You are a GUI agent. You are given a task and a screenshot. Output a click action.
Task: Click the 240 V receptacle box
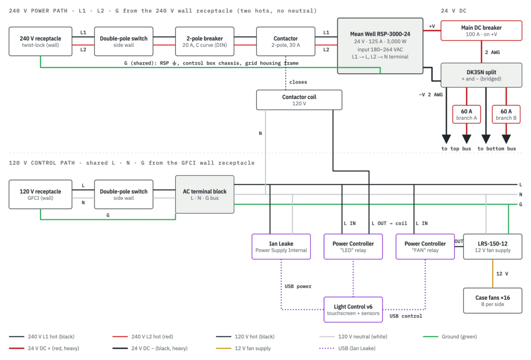40,41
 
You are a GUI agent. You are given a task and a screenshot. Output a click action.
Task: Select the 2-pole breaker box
204,41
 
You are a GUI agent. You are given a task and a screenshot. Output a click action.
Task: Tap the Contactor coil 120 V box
299,100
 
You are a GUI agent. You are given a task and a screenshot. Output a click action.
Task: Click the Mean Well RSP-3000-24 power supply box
380,46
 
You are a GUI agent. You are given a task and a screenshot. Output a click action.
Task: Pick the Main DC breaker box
481,31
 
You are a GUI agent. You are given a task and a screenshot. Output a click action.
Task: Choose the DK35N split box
481,75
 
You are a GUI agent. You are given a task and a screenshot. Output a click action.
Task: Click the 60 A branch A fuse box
466,114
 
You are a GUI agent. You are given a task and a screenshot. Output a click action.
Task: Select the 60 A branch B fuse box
506,114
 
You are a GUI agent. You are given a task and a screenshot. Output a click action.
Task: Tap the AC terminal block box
204,195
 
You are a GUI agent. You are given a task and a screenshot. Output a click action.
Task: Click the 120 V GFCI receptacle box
40,195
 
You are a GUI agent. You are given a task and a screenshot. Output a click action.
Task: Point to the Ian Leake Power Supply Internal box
281,246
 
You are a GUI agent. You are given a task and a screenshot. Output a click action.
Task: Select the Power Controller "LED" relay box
353,246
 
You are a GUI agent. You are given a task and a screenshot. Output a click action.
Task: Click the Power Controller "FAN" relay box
425,246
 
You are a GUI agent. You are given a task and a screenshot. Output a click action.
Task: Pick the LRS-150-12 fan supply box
493,246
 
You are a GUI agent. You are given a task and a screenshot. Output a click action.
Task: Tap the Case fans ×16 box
493,301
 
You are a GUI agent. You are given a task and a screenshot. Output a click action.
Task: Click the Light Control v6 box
353,310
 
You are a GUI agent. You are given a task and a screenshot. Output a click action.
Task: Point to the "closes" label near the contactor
298,82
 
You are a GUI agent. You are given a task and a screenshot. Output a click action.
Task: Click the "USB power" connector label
298,286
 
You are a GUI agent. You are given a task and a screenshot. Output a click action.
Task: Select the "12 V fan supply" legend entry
243,348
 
